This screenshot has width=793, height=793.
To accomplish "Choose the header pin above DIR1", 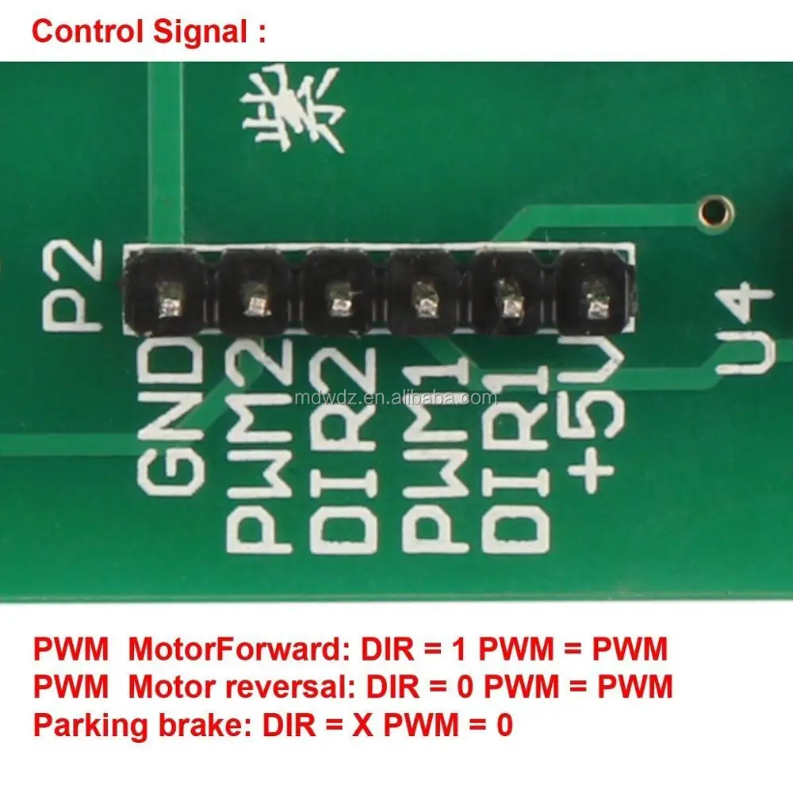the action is pos(508,302).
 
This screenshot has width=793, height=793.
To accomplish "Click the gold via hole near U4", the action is pos(715,211).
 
